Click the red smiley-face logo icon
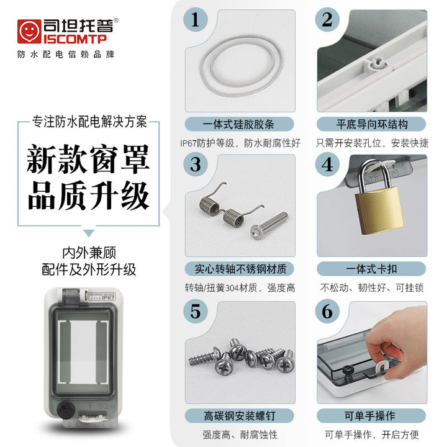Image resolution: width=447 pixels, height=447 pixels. click(29, 32)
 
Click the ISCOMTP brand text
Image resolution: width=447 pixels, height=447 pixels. click(74, 38)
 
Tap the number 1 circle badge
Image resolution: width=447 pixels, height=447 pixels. click(196, 20)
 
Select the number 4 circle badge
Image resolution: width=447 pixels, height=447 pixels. click(327, 164)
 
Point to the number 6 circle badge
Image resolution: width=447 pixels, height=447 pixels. click(327, 311)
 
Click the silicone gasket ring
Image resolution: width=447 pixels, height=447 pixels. click(242, 66)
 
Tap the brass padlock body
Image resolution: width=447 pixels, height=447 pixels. click(380, 209)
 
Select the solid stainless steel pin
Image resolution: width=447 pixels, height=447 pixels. click(269, 225)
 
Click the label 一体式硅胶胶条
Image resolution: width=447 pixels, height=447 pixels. click(238, 124)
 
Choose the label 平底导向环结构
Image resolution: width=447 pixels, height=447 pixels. click(371, 124)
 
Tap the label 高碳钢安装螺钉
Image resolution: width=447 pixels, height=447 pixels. click(240, 416)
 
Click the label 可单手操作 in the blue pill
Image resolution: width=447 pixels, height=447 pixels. click(370, 416)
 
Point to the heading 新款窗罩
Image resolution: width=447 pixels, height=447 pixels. click(88, 159)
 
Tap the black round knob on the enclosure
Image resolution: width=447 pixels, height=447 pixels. click(66, 410)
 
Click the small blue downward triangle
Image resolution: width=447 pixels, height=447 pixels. click(89, 233)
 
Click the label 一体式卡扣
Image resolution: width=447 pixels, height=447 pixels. click(371, 269)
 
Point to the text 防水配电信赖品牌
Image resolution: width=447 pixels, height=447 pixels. click(66, 54)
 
